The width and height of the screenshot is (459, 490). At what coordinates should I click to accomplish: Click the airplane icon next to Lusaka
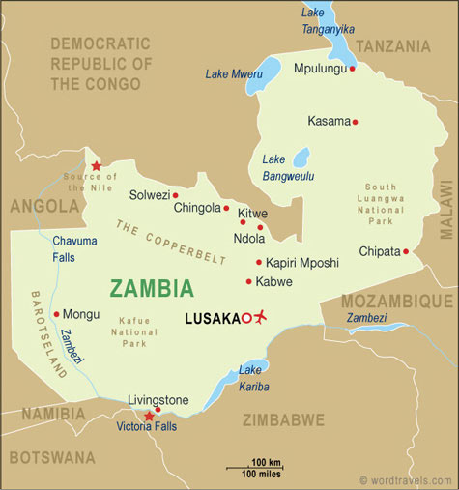[258, 317]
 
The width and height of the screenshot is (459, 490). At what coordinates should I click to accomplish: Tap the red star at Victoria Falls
[148, 418]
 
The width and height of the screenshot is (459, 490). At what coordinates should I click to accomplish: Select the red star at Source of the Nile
[96, 166]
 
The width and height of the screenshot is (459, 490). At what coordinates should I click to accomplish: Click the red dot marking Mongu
[56, 313]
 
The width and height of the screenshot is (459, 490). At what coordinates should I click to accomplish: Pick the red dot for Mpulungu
[353, 69]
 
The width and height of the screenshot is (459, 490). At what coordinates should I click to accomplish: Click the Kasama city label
[328, 121]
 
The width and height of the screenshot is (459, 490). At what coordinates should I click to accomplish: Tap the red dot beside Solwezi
[175, 195]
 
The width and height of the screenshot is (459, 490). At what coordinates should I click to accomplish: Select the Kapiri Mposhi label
[302, 262]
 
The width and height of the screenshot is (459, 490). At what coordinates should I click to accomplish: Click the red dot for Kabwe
[248, 282]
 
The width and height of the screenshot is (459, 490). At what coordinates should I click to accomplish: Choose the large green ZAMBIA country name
[152, 288]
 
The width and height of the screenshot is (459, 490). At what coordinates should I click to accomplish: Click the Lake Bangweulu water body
[301, 157]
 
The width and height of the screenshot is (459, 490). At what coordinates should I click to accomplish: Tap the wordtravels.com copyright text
[405, 479]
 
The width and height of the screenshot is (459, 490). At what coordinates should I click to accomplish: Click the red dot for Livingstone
[158, 410]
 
